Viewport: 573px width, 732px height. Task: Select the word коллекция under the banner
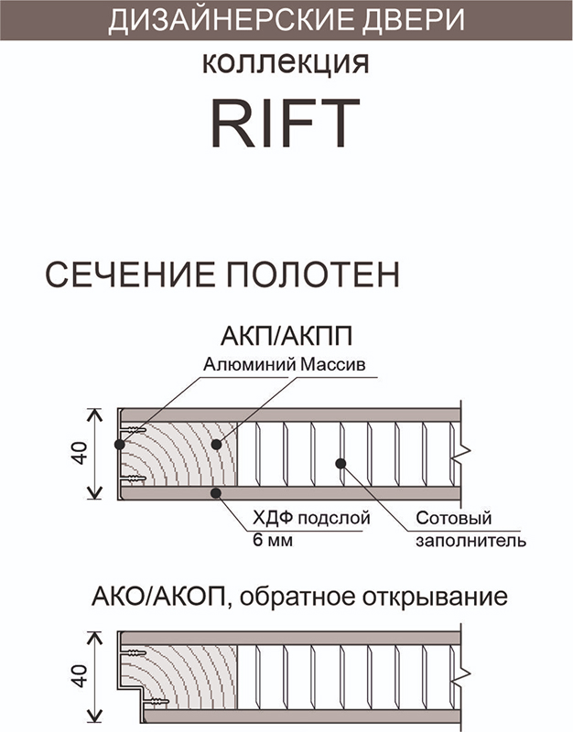coord(286,62)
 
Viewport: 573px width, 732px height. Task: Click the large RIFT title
coord(286,124)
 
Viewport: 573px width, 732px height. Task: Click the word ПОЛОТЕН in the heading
coord(313,274)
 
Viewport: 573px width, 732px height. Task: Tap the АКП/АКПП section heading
coord(286,336)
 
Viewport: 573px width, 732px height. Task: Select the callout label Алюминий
coord(249,364)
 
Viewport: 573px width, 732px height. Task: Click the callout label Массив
coord(332,364)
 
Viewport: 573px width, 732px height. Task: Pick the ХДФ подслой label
coord(311,518)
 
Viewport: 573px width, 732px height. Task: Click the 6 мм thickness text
coord(273,540)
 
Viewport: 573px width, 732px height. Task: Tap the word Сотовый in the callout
coord(454,518)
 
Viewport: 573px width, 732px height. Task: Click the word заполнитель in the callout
coord(470,541)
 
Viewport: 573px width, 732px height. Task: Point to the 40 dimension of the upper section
coord(81,453)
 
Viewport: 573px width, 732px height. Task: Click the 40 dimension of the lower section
coord(81,675)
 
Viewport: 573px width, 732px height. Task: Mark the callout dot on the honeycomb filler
coord(341,464)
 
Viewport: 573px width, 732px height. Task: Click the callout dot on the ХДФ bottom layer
coord(216,492)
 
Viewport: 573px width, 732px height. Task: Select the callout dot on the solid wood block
coord(216,445)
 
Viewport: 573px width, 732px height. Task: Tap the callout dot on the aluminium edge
coord(120,444)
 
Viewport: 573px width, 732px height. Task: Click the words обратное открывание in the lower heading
coord(373,597)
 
